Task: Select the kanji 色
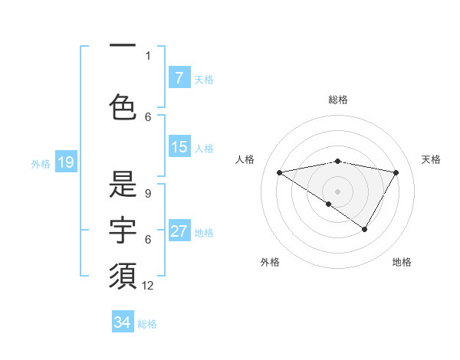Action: (x=123, y=106)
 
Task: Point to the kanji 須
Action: (x=123, y=276)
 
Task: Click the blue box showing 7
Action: (x=179, y=78)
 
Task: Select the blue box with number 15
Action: (x=179, y=147)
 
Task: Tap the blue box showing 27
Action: (x=179, y=231)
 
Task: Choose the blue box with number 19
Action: (x=66, y=162)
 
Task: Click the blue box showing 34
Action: (x=123, y=322)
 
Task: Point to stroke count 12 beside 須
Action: (x=149, y=286)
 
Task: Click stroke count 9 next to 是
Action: (x=148, y=194)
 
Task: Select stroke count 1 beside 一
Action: (x=148, y=56)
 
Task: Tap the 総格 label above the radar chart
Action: (x=337, y=100)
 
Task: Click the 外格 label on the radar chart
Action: (x=270, y=262)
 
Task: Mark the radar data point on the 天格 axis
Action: (x=396, y=172)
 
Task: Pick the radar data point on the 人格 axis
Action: (x=279, y=172)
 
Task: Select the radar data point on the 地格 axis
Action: (x=365, y=229)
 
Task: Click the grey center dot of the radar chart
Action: (x=337, y=191)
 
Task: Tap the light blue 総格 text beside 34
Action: (x=147, y=324)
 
